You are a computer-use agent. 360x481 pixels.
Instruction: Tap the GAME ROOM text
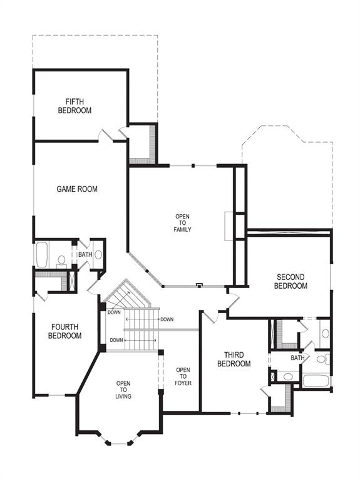[77, 189]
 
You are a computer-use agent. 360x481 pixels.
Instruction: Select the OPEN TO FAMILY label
[182, 223]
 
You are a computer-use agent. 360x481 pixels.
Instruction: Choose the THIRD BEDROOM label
[234, 359]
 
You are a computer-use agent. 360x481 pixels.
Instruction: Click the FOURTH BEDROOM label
[65, 331]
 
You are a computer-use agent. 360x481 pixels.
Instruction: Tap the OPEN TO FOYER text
[183, 376]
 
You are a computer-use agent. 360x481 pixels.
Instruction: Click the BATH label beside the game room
[85, 255]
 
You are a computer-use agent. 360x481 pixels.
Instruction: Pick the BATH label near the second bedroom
[297, 358]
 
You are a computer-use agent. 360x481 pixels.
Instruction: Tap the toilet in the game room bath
[61, 259]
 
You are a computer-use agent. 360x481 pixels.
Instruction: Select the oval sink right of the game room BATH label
[98, 254]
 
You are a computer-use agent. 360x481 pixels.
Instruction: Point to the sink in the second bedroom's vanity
[325, 333]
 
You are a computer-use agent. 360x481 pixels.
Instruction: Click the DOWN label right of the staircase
[167, 319]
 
